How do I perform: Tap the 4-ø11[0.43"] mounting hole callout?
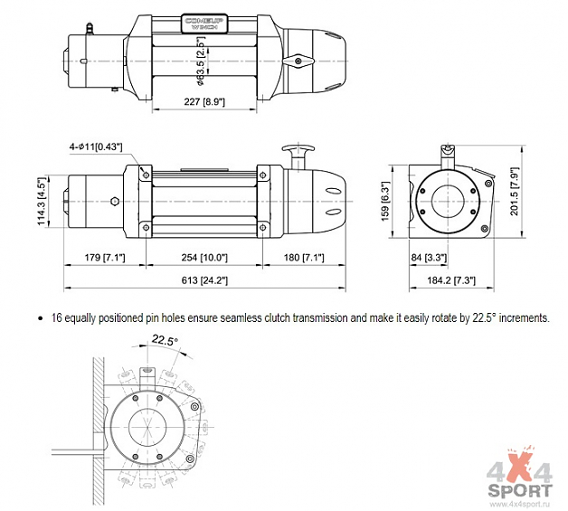click(x=96, y=146)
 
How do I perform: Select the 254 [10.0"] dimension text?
click(x=202, y=258)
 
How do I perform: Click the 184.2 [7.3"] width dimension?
click(x=451, y=281)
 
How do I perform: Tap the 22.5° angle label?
click(x=164, y=340)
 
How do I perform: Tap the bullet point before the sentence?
click(x=41, y=318)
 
